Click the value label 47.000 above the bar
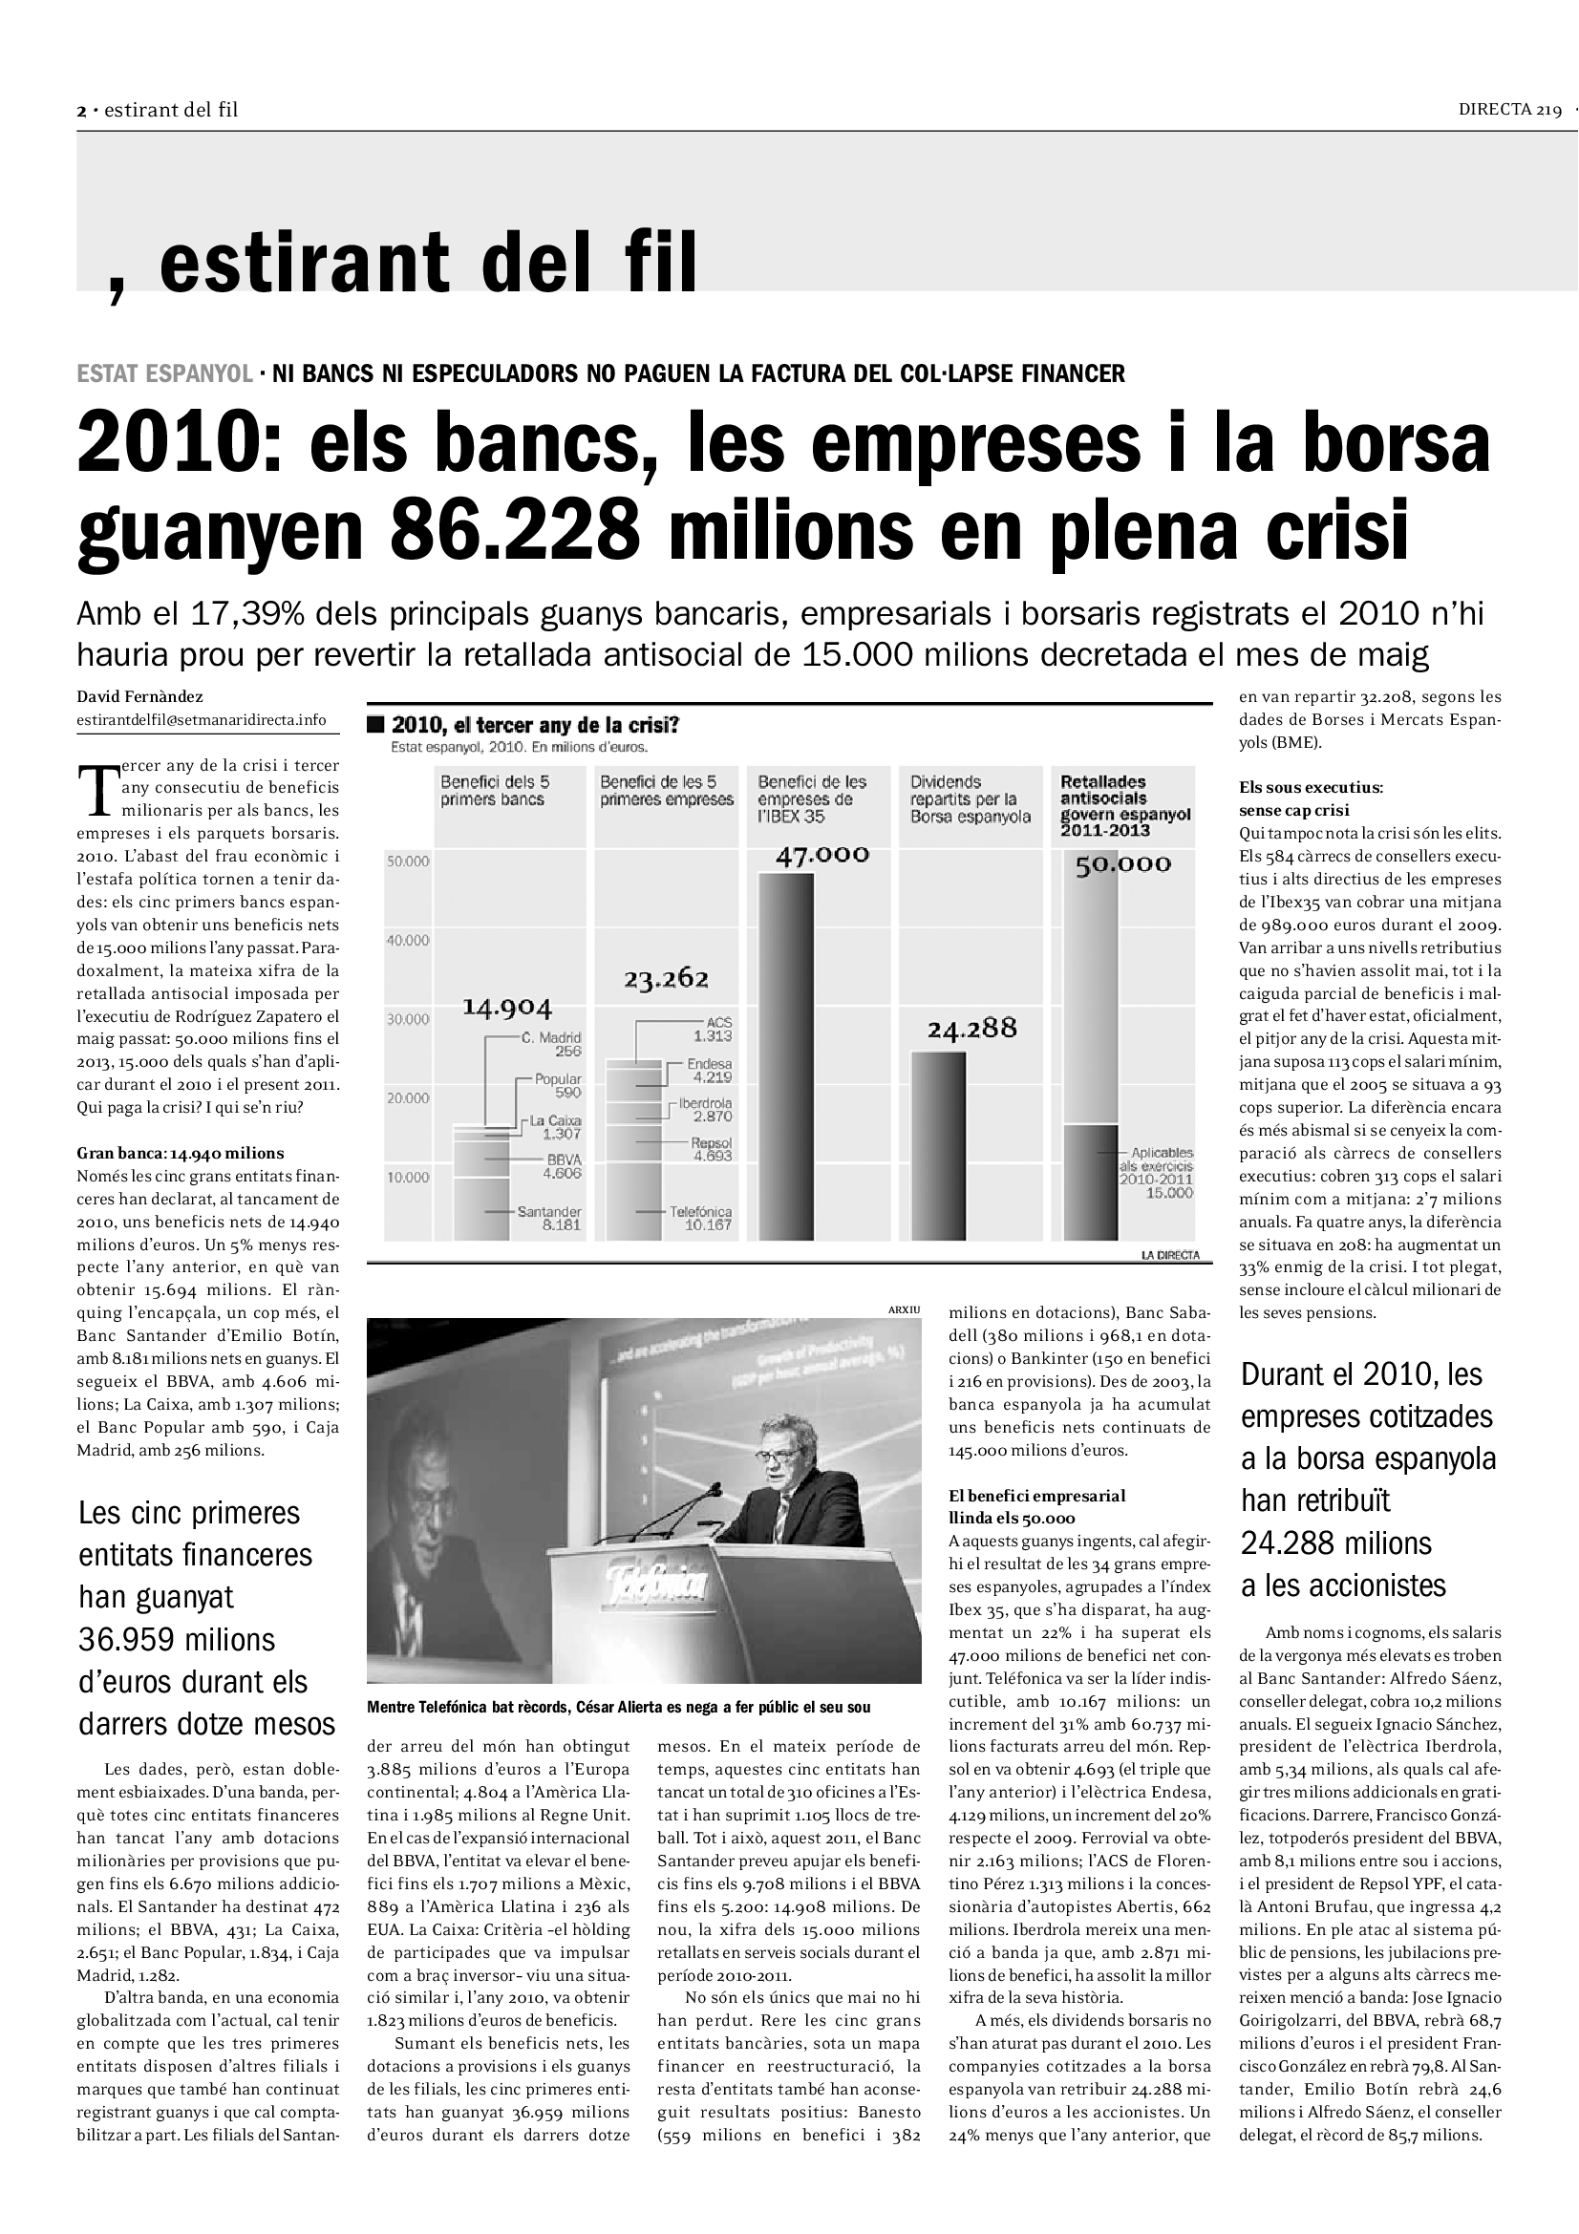tap(822, 854)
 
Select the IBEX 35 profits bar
tap(786, 1055)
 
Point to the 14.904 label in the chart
tap(506, 1006)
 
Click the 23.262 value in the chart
tap(667, 978)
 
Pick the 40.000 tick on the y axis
tap(408, 940)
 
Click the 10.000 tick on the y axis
tap(408, 1178)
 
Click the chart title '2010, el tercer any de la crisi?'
tap(534, 725)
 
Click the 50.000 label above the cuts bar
tap(1122, 864)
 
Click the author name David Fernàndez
tap(140, 696)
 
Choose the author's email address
tap(202, 720)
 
